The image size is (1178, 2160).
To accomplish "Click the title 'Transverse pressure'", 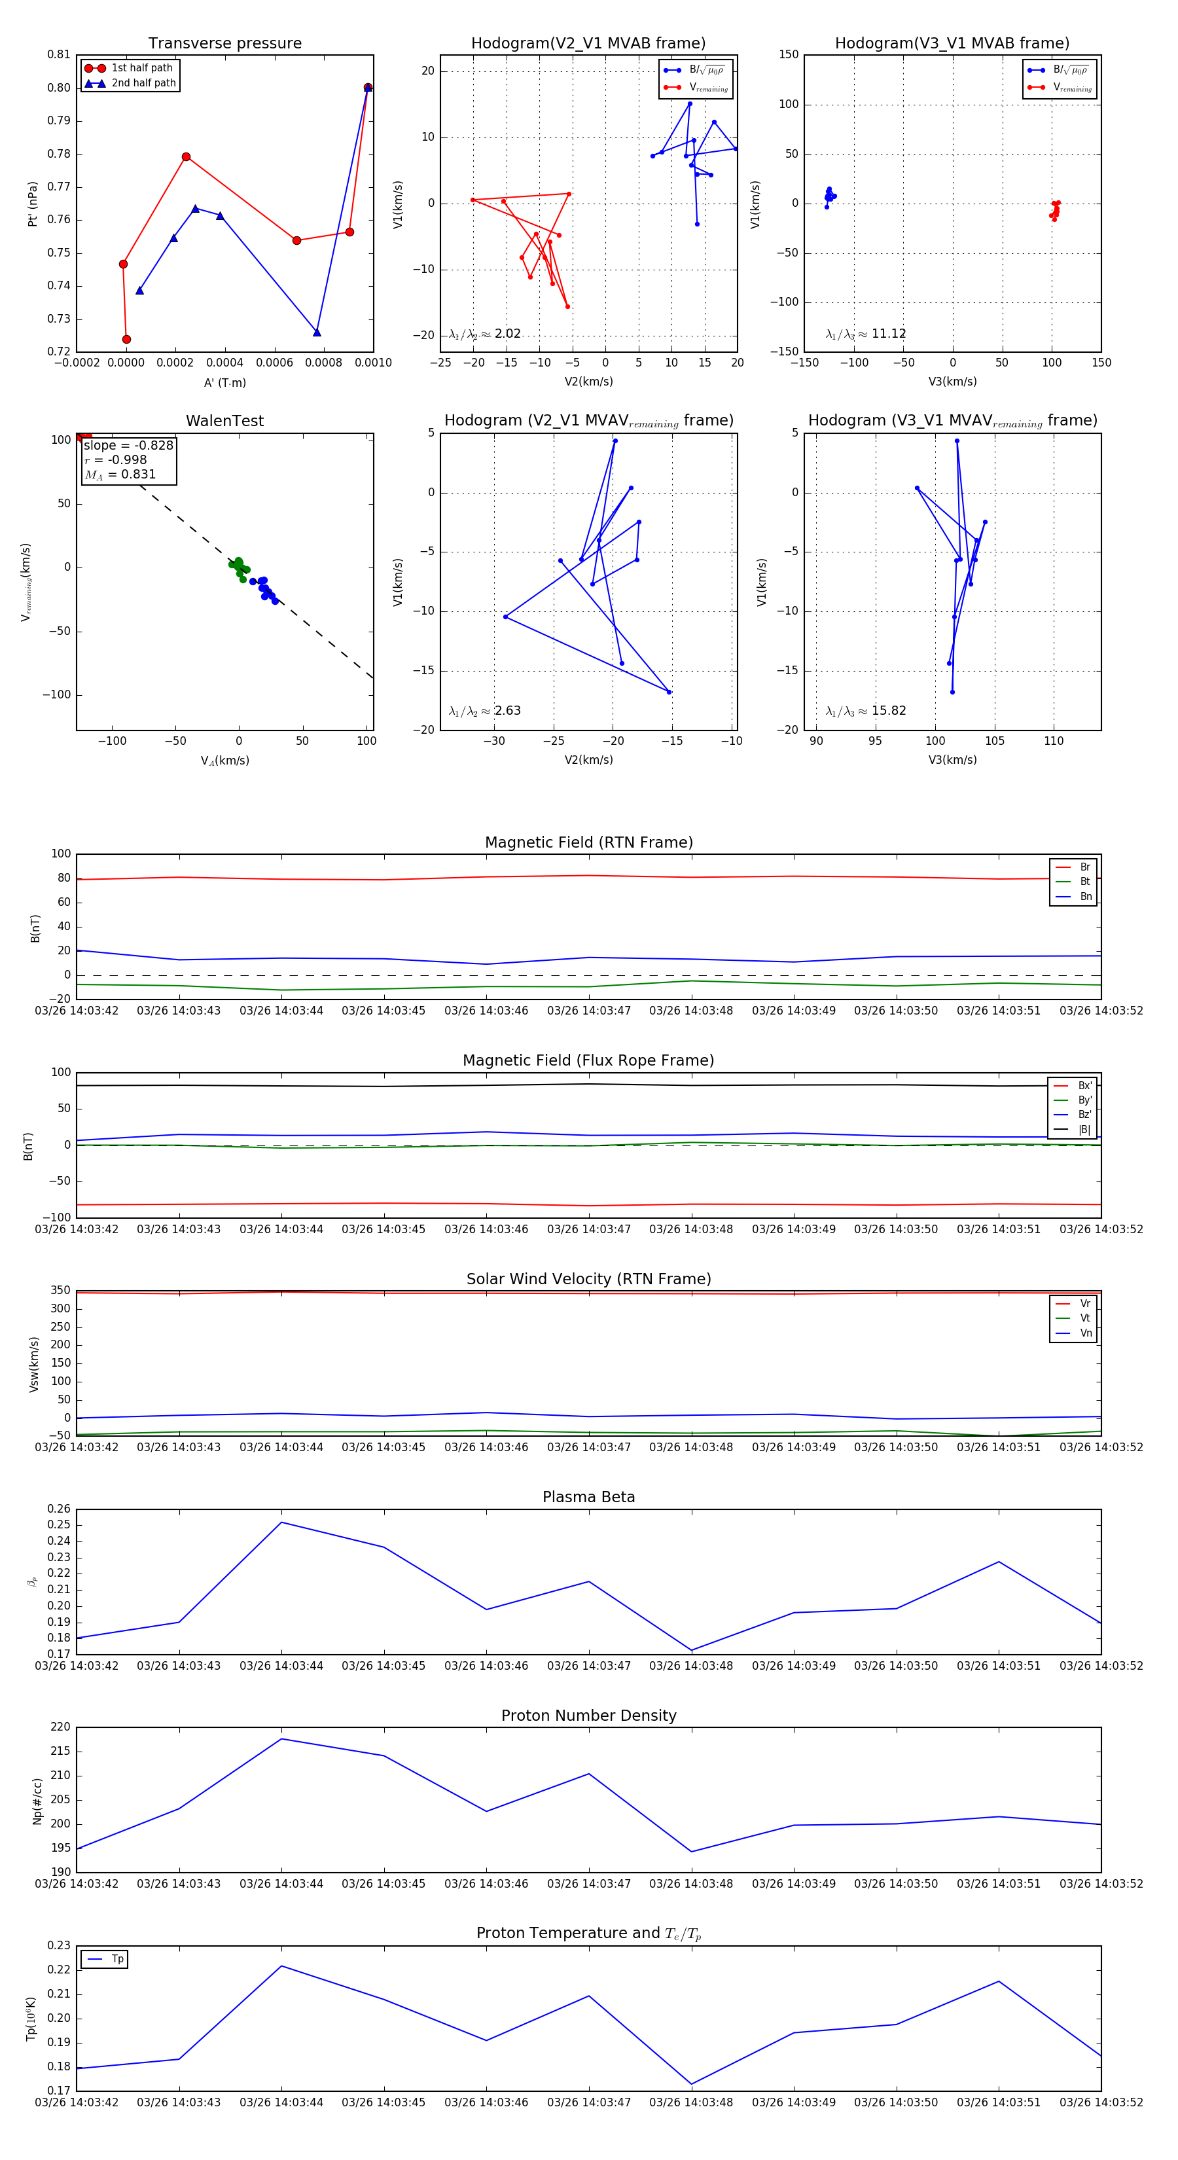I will [224, 44].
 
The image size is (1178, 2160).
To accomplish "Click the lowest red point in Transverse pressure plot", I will [126, 340].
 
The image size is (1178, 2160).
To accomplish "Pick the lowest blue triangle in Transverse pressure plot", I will [317, 333].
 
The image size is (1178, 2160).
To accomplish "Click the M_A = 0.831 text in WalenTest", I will [120, 475].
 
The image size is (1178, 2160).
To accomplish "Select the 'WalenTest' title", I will [224, 421].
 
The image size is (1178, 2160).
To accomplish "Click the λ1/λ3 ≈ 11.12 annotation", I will [865, 334].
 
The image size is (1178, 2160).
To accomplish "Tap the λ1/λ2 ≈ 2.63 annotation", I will [484, 711].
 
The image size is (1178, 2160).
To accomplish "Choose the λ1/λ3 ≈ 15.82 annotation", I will [865, 711].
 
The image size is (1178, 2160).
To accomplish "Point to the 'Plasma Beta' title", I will [588, 1498].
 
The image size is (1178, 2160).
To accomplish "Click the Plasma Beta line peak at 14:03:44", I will [281, 1522].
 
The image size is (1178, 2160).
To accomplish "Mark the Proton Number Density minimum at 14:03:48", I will [692, 1852].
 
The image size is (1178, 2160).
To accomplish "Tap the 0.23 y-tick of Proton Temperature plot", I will [59, 1945].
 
